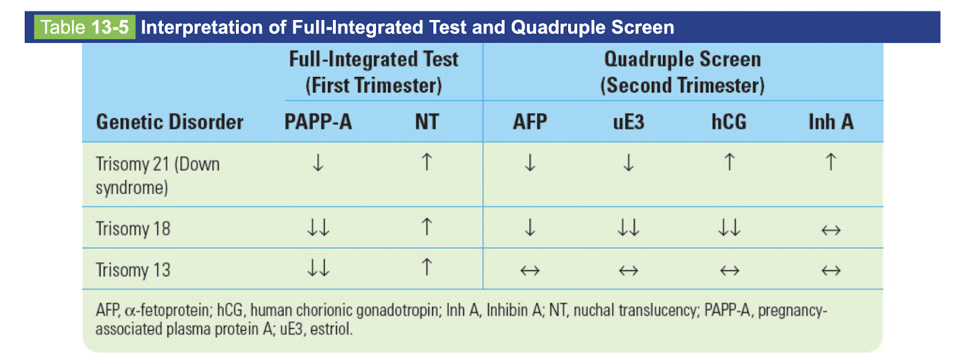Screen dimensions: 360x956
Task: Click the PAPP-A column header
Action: click(318, 122)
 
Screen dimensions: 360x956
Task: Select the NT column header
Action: click(426, 122)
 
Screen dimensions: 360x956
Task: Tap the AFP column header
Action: click(530, 122)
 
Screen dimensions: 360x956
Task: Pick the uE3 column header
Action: click(628, 122)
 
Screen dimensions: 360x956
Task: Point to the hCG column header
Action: click(729, 122)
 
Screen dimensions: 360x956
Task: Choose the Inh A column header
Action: click(831, 122)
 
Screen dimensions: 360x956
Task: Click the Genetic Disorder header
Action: click(169, 122)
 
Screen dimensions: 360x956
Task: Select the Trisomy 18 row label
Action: click(133, 229)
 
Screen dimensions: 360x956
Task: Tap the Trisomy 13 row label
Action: click(133, 270)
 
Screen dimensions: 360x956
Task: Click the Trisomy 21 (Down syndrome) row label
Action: click(158, 176)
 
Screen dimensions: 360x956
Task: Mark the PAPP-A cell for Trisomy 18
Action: click(318, 229)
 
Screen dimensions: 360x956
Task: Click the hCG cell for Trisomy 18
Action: click(729, 229)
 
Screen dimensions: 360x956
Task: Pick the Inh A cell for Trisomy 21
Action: click(831, 163)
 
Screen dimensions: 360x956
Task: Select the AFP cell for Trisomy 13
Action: click(530, 270)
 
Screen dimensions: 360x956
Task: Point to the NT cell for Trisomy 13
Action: click(426, 269)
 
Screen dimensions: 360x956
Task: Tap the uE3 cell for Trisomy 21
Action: click(628, 163)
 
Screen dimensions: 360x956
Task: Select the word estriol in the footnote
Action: click(336, 328)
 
